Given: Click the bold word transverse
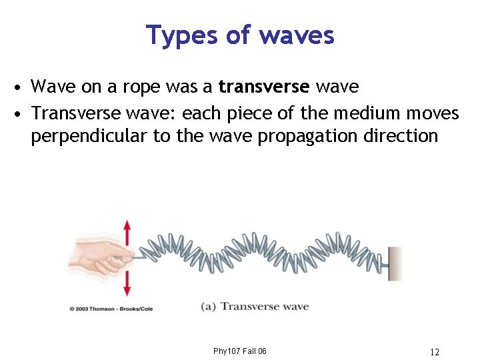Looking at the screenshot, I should (263, 87).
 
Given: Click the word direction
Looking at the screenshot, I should (399, 136).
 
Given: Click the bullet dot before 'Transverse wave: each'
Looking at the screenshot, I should (22, 113).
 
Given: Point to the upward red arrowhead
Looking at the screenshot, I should (127, 225).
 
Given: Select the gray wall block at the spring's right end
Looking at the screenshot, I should (395, 263).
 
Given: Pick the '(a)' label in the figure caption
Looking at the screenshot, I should (208, 307).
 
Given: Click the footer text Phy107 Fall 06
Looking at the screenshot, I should (240, 351).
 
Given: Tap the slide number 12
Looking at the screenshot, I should (435, 351).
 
